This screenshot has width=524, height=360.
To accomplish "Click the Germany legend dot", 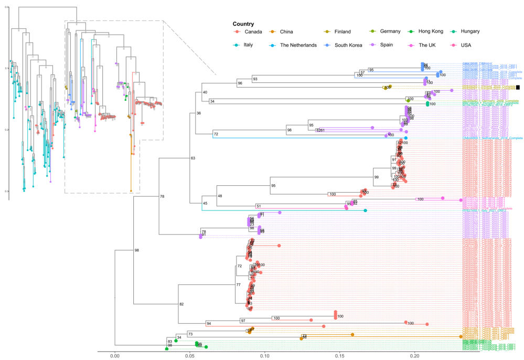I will pos(373,31).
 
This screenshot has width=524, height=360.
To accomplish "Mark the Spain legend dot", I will pos(373,45).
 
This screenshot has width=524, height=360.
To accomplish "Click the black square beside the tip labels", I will pos(518,88).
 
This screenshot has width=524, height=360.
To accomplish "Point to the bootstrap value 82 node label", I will pos(182,304).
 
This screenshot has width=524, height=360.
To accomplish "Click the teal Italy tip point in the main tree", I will pos(366,210).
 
